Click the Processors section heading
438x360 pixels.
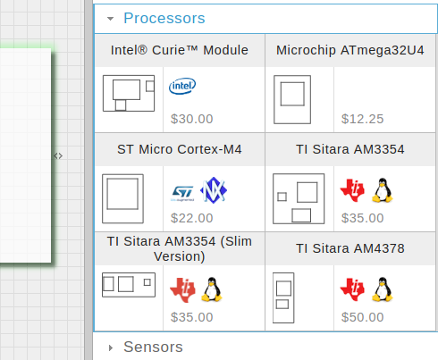point(164,18)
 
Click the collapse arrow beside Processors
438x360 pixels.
point(110,19)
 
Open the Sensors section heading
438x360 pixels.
point(153,347)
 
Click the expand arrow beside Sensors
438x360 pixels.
point(111,347)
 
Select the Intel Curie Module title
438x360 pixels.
point(180,50)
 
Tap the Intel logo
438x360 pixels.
point(182,86)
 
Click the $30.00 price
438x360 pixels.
point(191,119)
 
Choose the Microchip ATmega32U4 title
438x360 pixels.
point(350,50)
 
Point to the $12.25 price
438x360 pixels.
point(362,119)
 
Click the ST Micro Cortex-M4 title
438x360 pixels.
point(180,149)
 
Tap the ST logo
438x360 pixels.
point(182,193)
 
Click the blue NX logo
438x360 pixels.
point(214,190)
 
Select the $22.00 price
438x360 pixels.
point(191,218)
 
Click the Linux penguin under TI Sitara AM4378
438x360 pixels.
point(383,289)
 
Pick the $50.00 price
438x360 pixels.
point(362,317)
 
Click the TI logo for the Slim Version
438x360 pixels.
point(182,290)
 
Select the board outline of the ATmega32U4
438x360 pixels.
point(292,99)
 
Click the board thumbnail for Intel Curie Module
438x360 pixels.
point(129,93)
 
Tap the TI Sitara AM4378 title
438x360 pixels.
point(350,248)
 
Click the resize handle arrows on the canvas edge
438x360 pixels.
point(58,155)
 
